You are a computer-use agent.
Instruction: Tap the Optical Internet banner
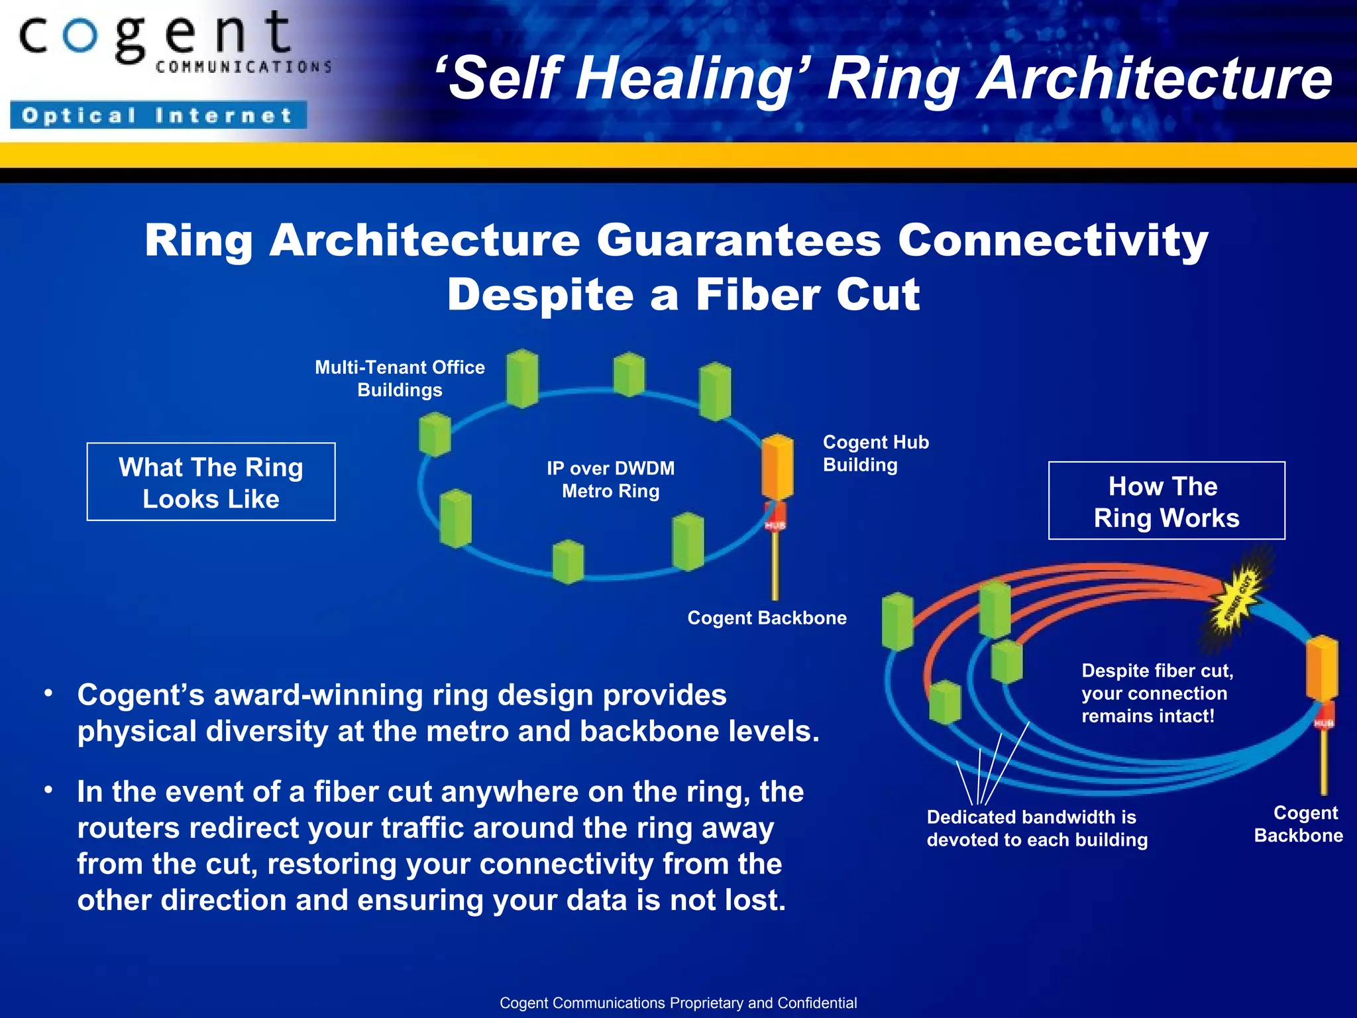pos(158,115)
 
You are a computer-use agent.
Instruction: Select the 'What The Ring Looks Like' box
pos(211,482)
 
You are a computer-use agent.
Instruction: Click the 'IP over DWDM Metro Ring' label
pos(610,480)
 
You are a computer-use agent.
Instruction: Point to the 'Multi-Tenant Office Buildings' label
pos(400,378)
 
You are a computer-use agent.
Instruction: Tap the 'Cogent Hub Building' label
pos(875,453)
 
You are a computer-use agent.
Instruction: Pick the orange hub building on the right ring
pos(1322,667)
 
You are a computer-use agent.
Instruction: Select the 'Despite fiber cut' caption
pos(1157,693)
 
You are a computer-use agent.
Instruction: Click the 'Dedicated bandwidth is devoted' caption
pos(1036,828)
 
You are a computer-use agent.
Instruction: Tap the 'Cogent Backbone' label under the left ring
pos(767,618)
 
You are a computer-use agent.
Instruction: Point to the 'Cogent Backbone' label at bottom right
pos(1299,824)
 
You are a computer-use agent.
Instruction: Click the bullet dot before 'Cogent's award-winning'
pos(48,693)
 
